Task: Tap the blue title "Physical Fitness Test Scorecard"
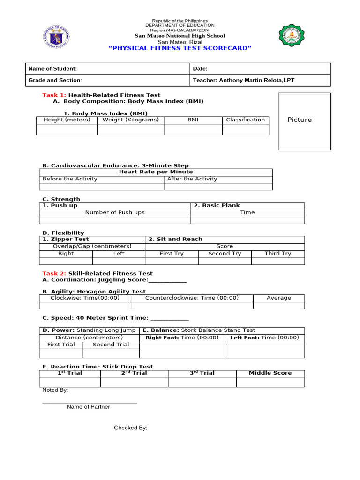180,48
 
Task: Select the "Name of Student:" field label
52,69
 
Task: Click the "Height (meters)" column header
67,120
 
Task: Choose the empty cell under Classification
245,129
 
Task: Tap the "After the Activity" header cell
192,179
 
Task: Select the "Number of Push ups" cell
115,212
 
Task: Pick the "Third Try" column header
277,253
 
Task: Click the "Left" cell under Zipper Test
119,253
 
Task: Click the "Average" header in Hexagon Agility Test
278,298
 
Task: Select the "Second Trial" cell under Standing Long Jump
111,345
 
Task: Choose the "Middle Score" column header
270,373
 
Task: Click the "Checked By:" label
131,427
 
